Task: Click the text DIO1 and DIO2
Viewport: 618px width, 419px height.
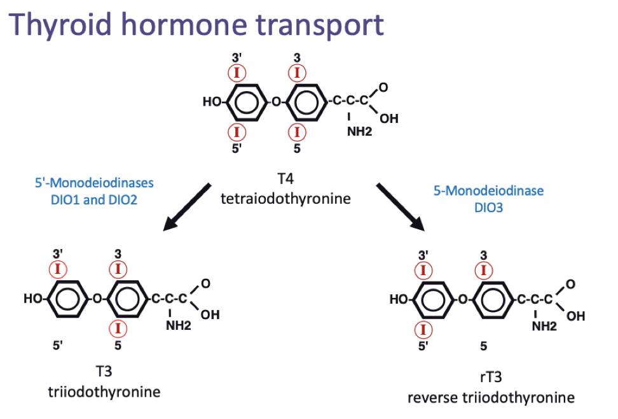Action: point(95,199)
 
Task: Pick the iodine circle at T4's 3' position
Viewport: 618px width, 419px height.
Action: point(237,73)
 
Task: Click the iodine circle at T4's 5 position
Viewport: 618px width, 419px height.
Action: point(297,132)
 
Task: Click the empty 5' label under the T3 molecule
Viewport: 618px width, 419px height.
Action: point(58,346)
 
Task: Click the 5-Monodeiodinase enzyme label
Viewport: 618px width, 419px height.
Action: point(488,190)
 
